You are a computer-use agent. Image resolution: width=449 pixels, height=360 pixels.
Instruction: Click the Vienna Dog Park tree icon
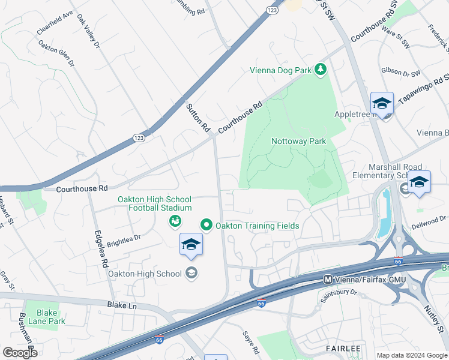point(321,70)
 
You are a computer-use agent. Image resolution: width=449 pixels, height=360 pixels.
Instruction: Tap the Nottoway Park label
point(298,142)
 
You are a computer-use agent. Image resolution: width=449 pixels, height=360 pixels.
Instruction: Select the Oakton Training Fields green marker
point(206,226)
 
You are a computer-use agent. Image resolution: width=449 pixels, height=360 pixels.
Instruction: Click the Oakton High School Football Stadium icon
point(175,221)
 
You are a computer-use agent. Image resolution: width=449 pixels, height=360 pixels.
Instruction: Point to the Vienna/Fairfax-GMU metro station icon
point(328,279)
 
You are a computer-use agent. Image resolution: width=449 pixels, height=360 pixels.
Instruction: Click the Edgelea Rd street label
point(100,249)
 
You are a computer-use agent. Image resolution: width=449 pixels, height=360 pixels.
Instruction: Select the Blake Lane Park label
point(47,317)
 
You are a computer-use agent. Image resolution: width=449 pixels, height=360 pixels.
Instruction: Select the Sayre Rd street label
point(250,341)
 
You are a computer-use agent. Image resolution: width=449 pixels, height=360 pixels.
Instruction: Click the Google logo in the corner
point(20,352)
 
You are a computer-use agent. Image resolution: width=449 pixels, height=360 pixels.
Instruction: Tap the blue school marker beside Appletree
point(382,105)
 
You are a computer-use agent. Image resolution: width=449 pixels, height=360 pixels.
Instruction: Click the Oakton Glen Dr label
point(56,53)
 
